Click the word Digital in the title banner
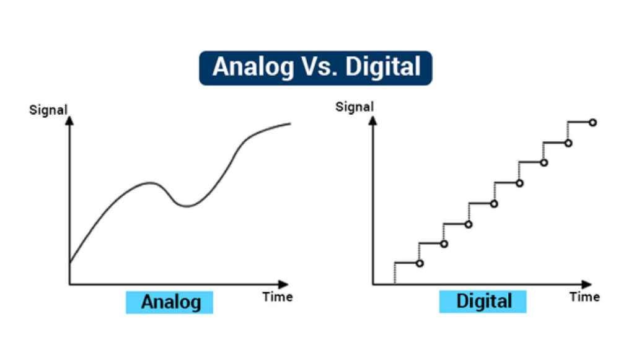pos(383,67)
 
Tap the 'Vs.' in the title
pos(319,67)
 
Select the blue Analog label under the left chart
pos(170,302)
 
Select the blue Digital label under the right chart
pos(483,302)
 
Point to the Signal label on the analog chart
pos(48,111)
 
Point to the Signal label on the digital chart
pos(354,107)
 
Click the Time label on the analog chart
pos(277,297)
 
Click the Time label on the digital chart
pos(584,297)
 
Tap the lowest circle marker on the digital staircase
pos(420,263)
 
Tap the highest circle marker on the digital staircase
pos(592,123)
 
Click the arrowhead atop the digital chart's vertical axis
pos(373,116)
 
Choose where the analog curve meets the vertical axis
pos(69,263)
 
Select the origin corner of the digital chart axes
pos(373,284)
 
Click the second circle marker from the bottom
pos(444,244)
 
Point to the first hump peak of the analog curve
pos(149,183)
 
